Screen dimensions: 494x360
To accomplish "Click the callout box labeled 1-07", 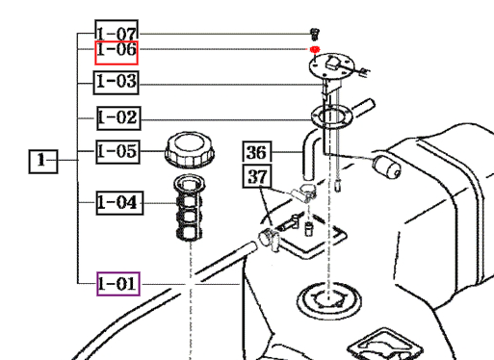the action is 117,32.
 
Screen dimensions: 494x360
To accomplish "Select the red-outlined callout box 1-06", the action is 117,53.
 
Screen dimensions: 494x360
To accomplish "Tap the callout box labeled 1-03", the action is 117,83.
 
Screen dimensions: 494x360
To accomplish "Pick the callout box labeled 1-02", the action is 118,118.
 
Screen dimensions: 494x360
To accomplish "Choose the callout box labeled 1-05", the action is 117,152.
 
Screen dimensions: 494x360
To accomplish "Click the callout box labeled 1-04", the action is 119,203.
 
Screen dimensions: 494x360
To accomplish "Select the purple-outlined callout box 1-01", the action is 118,284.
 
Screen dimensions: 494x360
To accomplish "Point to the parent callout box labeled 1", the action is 43,162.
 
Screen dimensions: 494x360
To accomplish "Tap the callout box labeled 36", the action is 257,152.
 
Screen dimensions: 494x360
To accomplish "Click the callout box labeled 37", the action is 257,176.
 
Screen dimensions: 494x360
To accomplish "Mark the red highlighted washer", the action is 315,49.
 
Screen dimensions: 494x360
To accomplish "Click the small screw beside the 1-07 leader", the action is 315,34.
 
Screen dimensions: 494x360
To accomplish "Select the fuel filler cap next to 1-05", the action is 190,149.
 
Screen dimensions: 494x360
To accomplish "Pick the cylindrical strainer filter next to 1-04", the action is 189,208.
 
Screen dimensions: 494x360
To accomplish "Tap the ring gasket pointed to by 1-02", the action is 331,116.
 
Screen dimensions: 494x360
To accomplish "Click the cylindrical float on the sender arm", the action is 387,167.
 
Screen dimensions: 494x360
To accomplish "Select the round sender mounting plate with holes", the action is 332,66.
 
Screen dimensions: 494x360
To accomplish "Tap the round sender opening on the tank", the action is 328,300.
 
